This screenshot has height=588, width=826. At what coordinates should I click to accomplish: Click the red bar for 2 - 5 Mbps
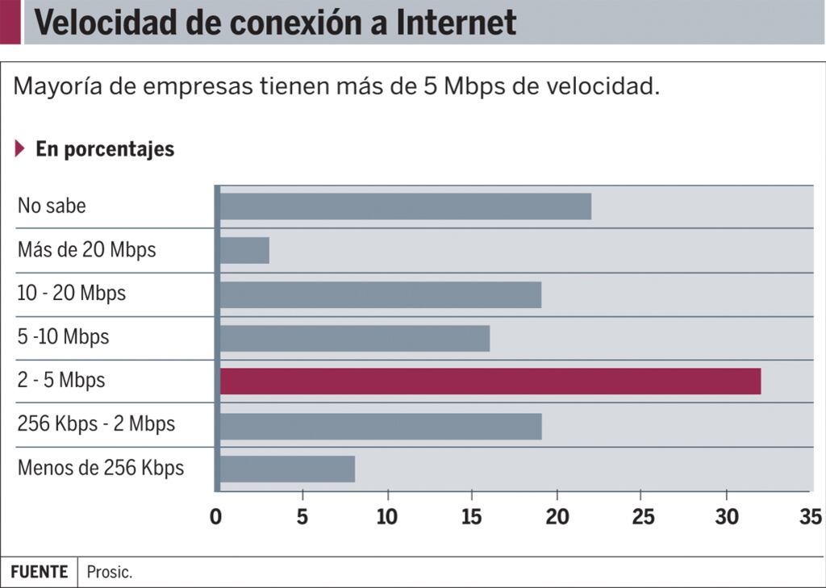point(490,382)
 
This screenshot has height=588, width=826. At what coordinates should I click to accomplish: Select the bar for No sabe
point(405,206)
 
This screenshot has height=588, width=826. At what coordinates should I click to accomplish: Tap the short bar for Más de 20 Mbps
point(244,251)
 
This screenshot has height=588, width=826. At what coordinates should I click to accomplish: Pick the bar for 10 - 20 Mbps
point(380,295)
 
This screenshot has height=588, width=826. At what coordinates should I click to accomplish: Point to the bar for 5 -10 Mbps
point(354,339)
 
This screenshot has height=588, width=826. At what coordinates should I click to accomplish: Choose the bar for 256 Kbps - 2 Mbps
point(380,426)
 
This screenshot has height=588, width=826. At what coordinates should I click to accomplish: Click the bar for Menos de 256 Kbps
point(287,469)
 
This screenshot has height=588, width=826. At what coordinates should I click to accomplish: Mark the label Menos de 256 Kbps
point(100,468)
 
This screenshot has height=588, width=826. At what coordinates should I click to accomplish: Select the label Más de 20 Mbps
point(86,250)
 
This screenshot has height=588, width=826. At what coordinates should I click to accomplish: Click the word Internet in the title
point(456,23)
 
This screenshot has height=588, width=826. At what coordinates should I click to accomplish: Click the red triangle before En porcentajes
point(20,149)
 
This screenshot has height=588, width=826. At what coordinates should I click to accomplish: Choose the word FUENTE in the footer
point(39,572)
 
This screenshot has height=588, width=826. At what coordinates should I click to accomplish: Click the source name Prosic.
point(110,573)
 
